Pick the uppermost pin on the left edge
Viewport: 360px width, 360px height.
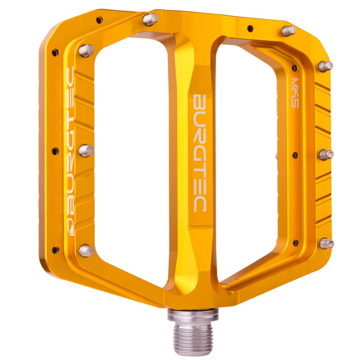coord(85,49)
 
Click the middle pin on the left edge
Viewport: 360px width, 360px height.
coord(86,150)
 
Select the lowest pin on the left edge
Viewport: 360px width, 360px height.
coord(86,250)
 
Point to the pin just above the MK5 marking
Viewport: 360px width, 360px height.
coord(325,65)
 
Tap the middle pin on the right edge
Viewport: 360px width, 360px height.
coord(326,154)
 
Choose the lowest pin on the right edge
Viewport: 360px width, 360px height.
coord(326,243)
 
